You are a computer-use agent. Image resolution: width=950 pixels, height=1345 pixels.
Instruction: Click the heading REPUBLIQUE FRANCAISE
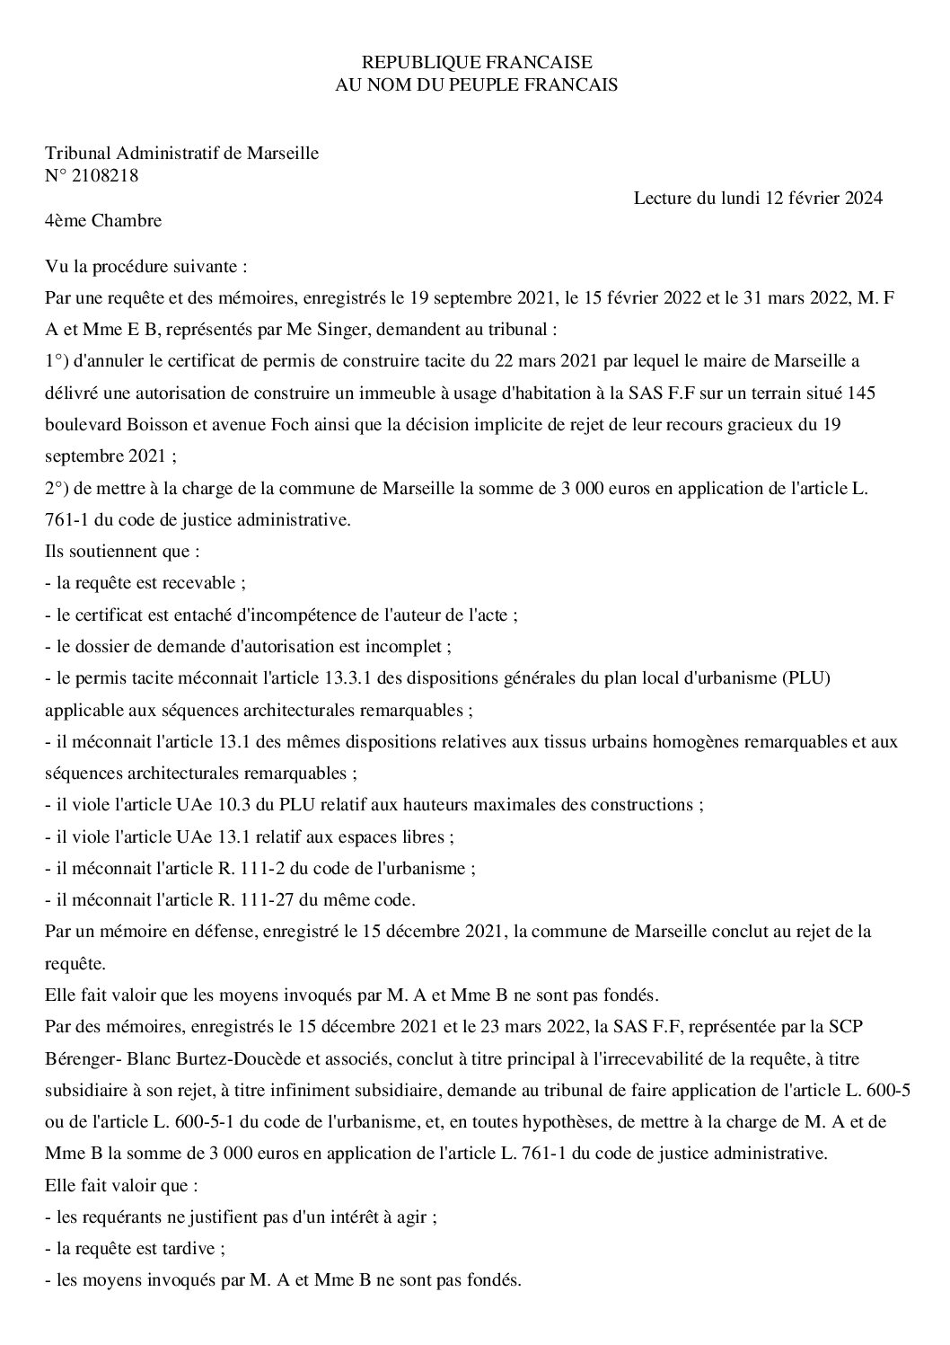pyautogui.click(x=476, y=62)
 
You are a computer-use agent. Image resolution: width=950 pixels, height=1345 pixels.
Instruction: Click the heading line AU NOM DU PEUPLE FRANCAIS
pyautogui.click(x=476, y=84)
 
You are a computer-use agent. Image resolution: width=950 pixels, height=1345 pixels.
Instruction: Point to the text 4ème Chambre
pyautogui.click(x=103, y=220)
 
